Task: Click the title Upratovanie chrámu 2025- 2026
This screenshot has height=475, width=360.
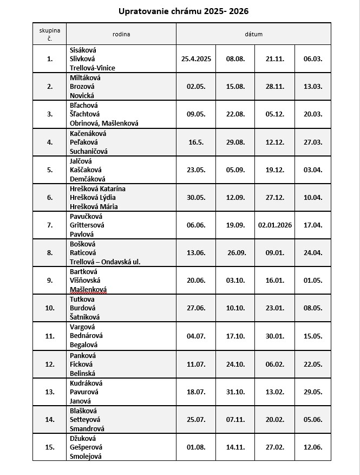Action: click(180, 11)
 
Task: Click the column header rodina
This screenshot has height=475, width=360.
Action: click(121, 34)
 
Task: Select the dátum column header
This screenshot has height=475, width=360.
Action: click(253, 34)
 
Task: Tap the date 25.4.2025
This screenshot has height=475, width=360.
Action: click(195, 59)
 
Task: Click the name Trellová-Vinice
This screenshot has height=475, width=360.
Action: click(93, 68)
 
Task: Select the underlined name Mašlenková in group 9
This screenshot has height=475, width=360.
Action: click(88, 289)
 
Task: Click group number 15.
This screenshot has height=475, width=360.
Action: click(50, 447)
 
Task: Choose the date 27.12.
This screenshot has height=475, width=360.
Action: click(274, 197)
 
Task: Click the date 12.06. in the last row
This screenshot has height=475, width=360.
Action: click(312, 447)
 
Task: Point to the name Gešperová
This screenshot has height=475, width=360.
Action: click(86, 447)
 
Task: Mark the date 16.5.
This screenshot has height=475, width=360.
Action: click(195, 142)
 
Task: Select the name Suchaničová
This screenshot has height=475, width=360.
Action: click(89, 151)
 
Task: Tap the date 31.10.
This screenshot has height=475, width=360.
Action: click(235, 392)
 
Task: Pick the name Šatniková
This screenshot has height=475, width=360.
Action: click(85, 317)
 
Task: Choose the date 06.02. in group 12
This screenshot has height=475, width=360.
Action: click(274, 364)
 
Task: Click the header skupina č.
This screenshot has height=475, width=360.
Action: click(50, 34)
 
